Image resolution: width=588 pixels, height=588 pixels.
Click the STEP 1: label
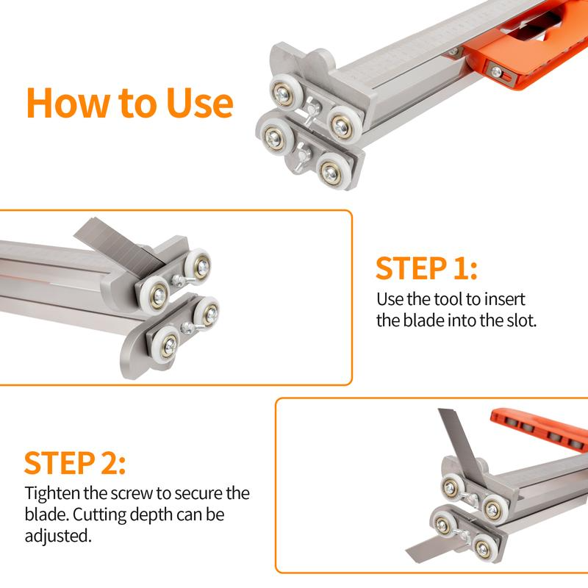(x=426, y=269)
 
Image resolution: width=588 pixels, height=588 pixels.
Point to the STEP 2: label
(x=75, y=463)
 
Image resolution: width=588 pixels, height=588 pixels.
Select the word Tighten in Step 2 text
(x=51, y=493)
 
